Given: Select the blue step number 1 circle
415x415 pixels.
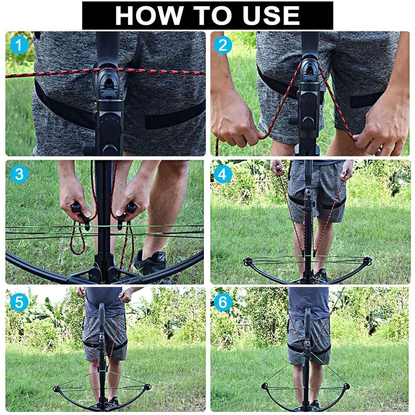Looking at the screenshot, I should [x=19, y=45].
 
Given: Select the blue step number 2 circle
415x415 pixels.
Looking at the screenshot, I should [x=223, y=45].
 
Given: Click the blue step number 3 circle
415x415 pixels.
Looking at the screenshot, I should [x=19, y=174].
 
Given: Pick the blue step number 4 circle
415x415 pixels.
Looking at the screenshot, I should [x=223, y=174].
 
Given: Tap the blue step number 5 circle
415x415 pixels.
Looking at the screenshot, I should [x=19, y=302].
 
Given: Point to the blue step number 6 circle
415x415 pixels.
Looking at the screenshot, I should [x=223, y=302].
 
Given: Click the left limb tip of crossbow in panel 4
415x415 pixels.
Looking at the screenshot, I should [x=248, y=262].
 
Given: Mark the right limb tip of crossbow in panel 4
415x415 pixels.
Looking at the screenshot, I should [x=367, y=261].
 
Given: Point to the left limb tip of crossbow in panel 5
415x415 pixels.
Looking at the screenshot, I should [x=56, y=389].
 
